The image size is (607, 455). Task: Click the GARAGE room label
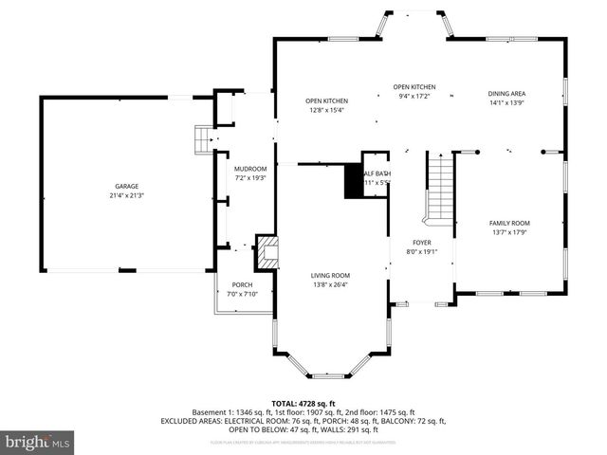pos(128,187)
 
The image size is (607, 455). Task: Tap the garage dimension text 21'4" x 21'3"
pos(128,195)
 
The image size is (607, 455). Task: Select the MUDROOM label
pos(250,169)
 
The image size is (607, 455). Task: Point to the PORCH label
pos(242,285)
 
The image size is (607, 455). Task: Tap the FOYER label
pos(421,243)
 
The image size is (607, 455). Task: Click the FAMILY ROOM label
pos(508,223)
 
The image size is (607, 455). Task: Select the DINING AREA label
pos(506,94)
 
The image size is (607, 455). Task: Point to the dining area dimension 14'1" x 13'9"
pos(506,102)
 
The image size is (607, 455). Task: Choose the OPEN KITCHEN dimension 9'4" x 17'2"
pos(413,96)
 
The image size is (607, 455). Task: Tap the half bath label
pos(376,177)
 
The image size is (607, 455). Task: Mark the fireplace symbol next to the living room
pos(268,252)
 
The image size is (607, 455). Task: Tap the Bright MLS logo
pos(38,442)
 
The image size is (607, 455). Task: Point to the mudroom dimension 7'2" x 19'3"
pos(250,177)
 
